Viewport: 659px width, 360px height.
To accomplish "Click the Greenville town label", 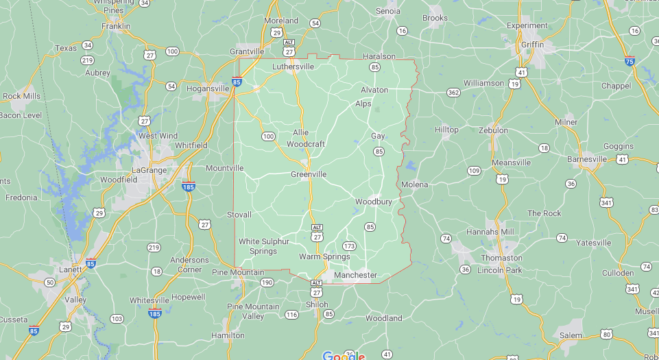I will [309, 174].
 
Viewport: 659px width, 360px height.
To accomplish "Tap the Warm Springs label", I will [324, 256].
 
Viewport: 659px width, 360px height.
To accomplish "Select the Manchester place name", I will [355, 275].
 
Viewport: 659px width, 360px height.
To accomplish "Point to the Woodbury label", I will [374, 202].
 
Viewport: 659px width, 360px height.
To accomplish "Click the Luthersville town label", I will [293, 67].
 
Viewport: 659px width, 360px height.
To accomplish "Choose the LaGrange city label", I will [149, 169].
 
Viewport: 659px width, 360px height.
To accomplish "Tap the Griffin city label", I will [532, 45].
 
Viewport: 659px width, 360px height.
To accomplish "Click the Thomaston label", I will [501, 258].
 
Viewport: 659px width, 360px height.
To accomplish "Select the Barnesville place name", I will [587, 159].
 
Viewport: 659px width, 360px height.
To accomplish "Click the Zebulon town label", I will [493, 130].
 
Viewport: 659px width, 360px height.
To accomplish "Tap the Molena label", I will [415, 184].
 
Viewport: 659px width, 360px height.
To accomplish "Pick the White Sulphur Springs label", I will [264, 246].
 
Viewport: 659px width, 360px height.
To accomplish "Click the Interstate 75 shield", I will [630, 60].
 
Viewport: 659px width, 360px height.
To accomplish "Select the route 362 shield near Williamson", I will [453, 93].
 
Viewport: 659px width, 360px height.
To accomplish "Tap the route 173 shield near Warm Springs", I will [350, 245].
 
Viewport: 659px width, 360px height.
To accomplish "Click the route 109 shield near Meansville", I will [474, 170].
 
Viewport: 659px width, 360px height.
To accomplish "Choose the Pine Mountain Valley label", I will [254, 311].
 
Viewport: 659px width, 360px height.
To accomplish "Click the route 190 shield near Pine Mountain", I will [266, 283].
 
